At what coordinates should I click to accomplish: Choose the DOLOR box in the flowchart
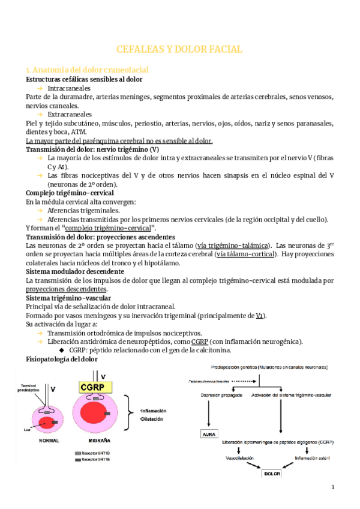tap(271, 473)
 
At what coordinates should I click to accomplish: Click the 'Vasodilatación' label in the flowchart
tap(238, 457)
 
